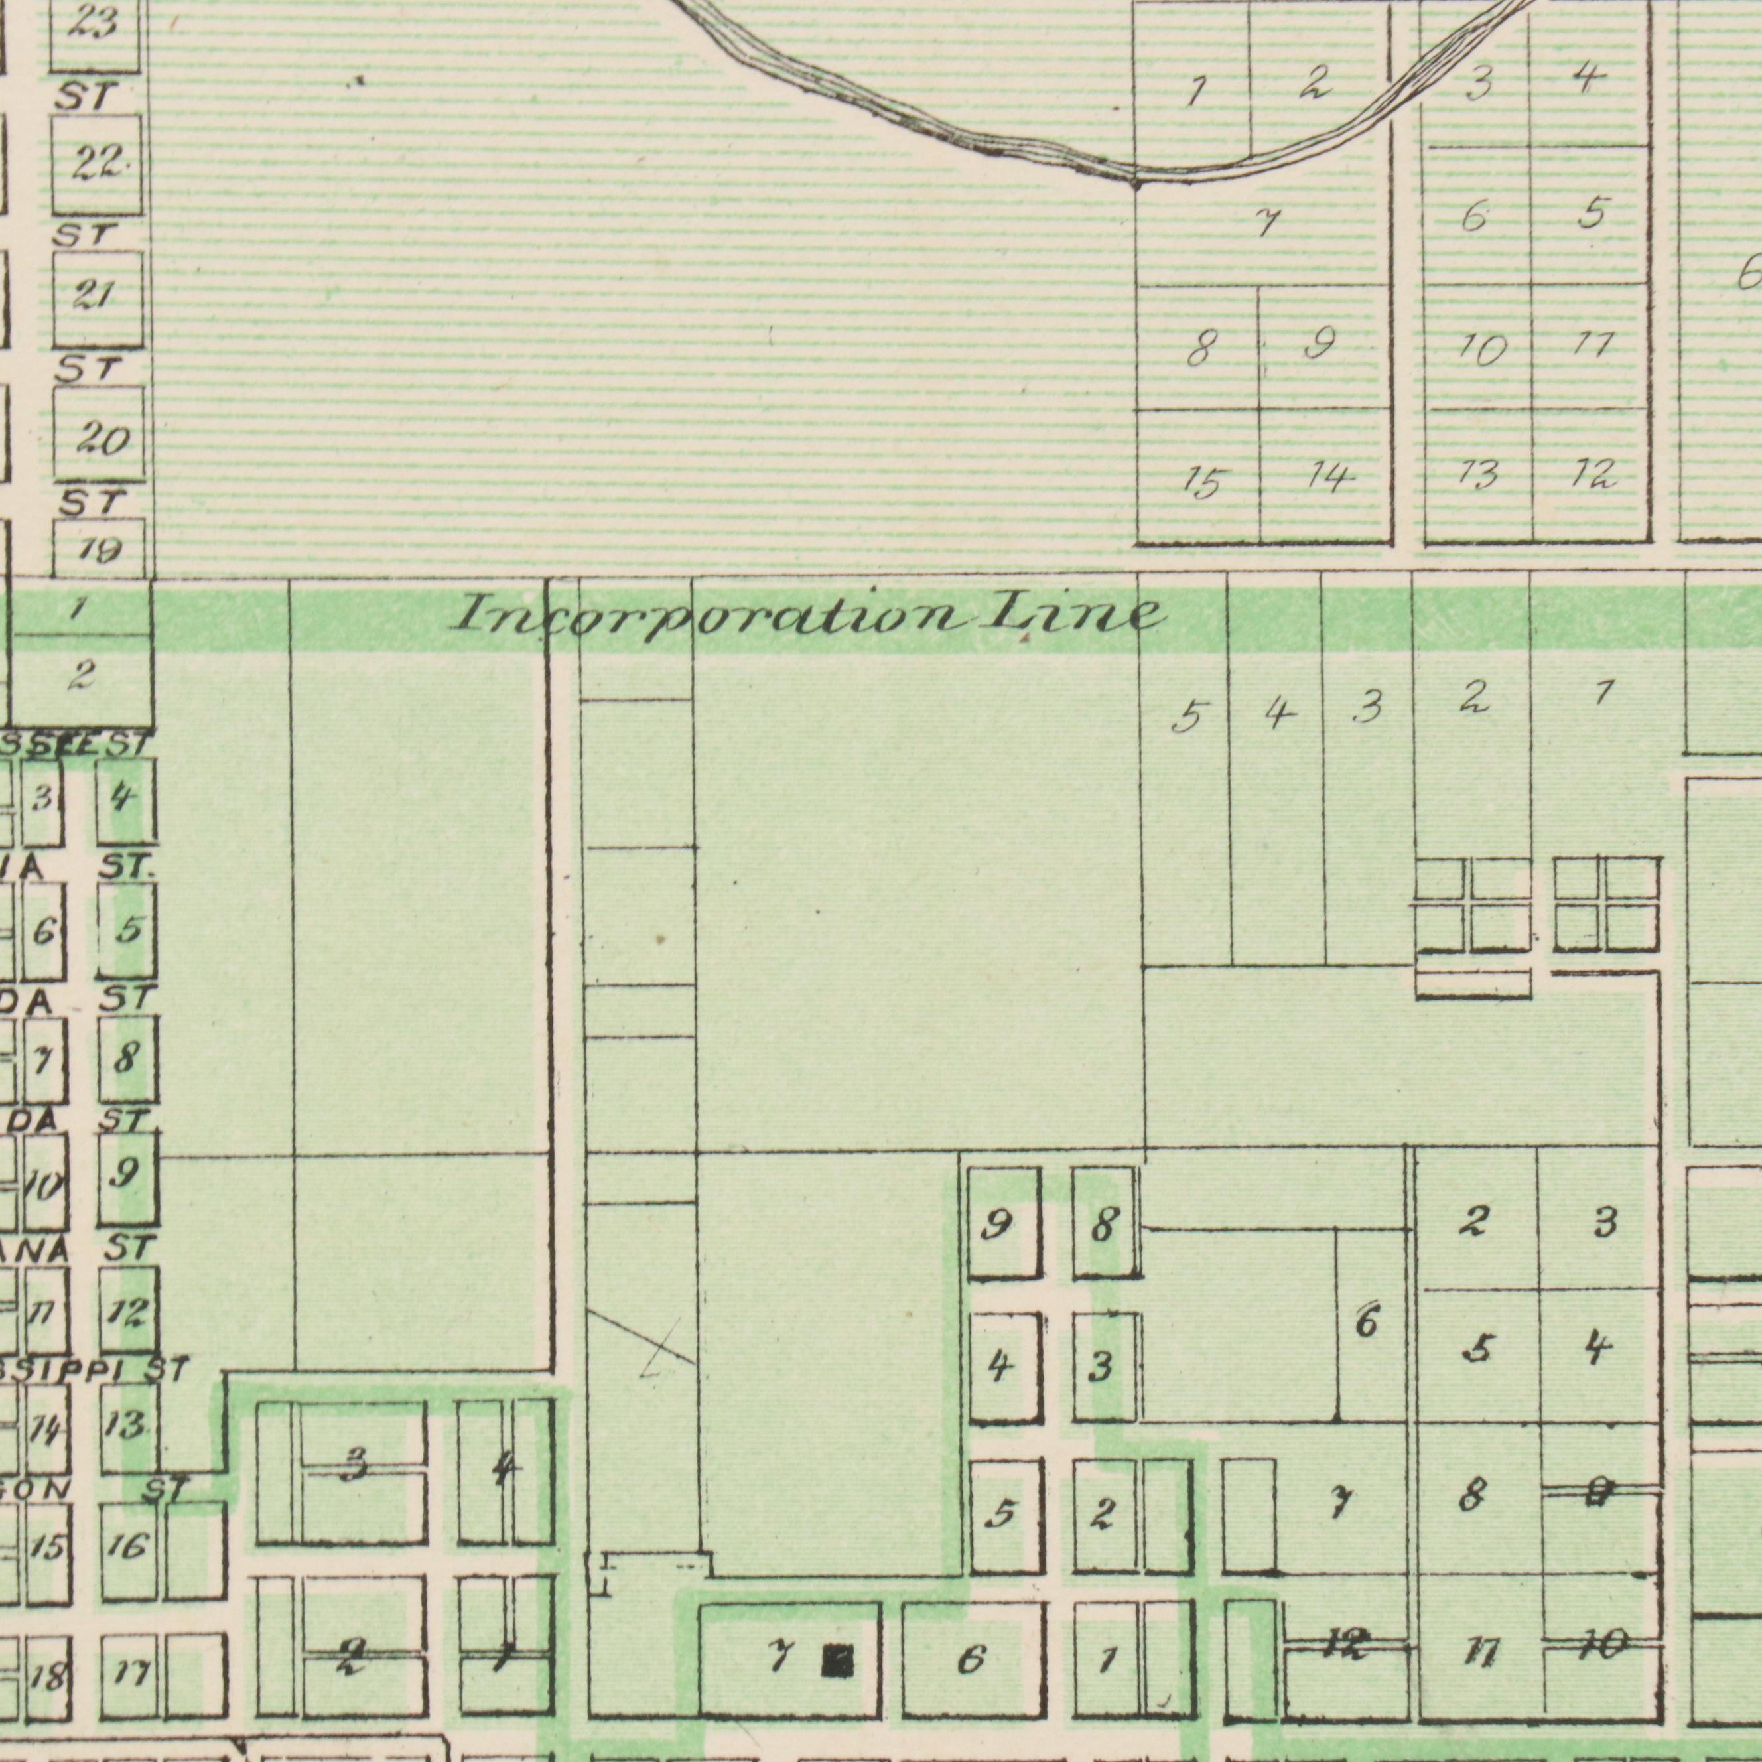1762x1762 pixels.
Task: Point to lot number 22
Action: point(98,164)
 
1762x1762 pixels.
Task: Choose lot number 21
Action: point(96,297)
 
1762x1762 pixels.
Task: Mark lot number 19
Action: point(98,550)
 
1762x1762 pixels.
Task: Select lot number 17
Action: point(129,1674)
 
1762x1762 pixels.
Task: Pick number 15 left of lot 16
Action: point(47,1548)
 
